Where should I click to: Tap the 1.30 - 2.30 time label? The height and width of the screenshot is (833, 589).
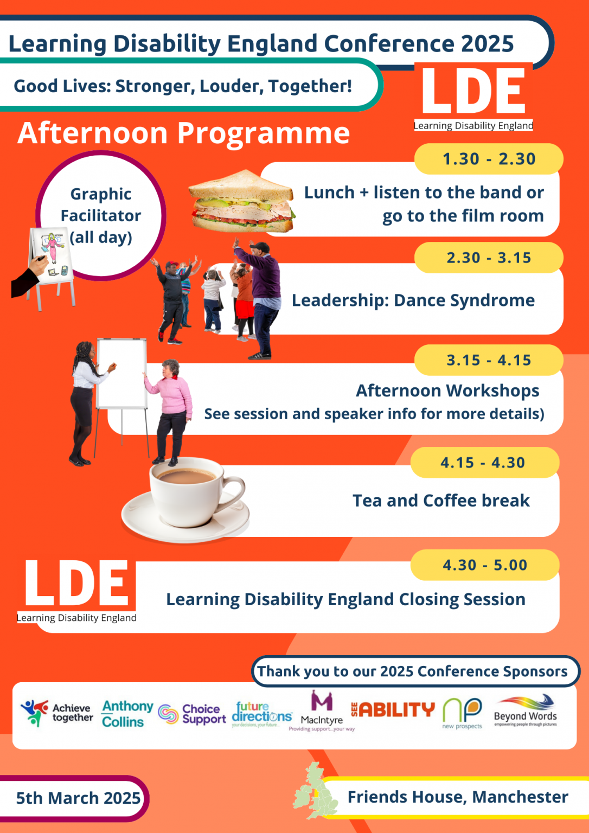[489, 159]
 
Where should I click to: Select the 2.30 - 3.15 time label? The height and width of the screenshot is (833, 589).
[489, 258]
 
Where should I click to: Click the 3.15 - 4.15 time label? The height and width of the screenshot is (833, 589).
[489, 360]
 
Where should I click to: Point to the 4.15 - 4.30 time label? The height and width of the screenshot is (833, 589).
[483, 463]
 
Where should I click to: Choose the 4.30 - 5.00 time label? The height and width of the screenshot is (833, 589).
[485, 565]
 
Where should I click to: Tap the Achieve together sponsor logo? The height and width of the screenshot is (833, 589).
[56, 713]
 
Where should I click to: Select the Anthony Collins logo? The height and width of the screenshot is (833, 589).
[127, 714]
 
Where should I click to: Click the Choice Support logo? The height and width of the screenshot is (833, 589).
[192, 714]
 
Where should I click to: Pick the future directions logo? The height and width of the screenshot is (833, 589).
[261, 714]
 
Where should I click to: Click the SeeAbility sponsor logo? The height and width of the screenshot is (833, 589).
[393, 709]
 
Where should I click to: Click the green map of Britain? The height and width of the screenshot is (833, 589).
[315, 791]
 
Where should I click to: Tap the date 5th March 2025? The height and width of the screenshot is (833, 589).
[78, 798]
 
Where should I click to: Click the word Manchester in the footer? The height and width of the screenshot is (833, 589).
[520, 797]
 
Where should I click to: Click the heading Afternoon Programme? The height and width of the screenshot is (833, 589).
[184, 133]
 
